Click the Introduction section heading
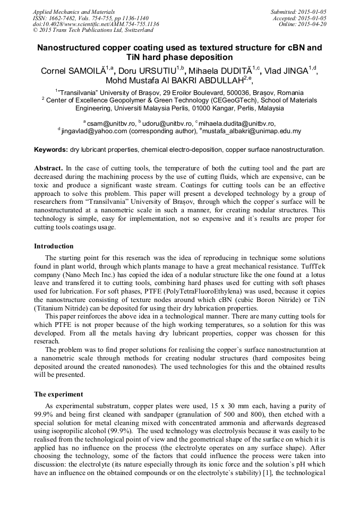coord(54,246)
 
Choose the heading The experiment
coord(58,394)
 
